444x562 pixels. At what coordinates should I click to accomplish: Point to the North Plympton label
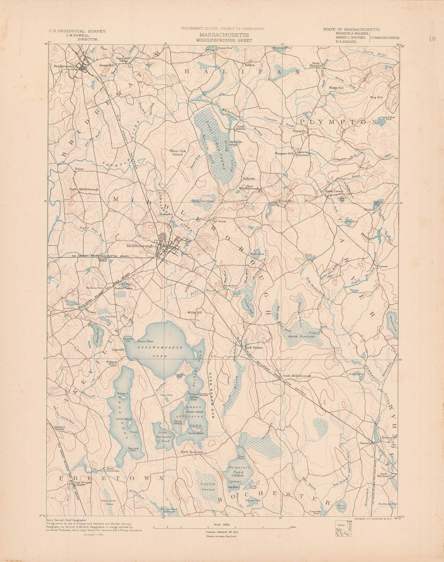316,64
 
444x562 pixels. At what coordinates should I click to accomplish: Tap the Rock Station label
254,348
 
